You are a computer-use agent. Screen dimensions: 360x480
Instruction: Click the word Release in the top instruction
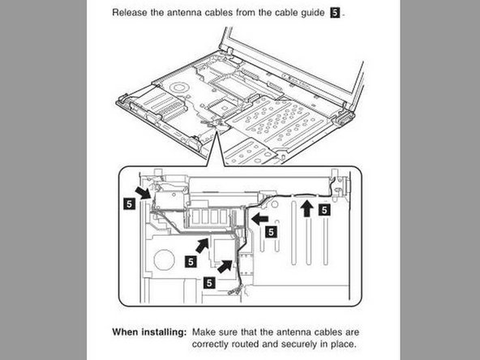[x=131, y=13]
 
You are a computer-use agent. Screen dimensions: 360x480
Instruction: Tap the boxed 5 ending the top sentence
[x=335, y=13]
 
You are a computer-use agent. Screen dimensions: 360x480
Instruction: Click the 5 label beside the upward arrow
[x=324, y=210]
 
